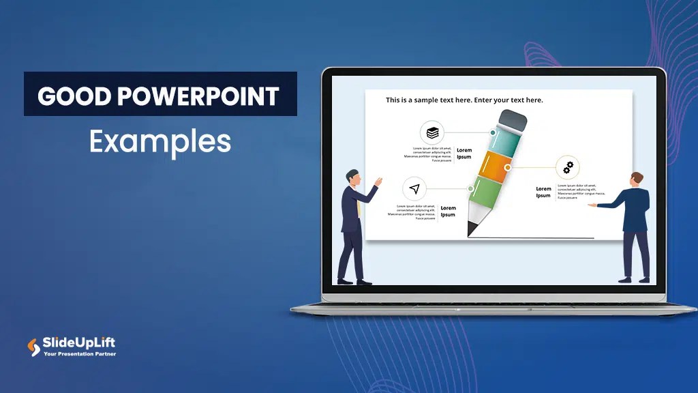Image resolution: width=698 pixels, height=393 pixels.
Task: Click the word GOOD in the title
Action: point(74,96)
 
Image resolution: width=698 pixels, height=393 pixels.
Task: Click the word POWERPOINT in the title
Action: point(198,96)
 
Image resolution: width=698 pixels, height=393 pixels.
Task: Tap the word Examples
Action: point(160,142)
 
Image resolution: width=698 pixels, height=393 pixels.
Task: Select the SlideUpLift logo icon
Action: point(33,347)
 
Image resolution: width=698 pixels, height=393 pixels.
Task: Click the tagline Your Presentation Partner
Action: point(80,354)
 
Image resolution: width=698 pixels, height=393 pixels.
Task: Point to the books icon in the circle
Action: point(431,132)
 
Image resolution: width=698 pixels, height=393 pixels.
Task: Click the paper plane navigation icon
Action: point(414,188)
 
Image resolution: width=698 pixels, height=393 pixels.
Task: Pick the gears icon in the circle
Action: point(568,167)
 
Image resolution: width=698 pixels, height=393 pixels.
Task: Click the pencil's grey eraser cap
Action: point(513,121)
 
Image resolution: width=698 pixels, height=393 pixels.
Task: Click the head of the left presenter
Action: point(352,177)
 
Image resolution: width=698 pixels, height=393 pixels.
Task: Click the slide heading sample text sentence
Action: point(464,100)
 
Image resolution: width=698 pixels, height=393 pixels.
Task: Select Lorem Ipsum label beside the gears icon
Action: point(543,192)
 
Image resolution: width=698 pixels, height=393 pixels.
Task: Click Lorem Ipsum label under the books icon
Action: point(464,154)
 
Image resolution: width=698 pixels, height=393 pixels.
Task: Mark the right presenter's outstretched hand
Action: point(592,205)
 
